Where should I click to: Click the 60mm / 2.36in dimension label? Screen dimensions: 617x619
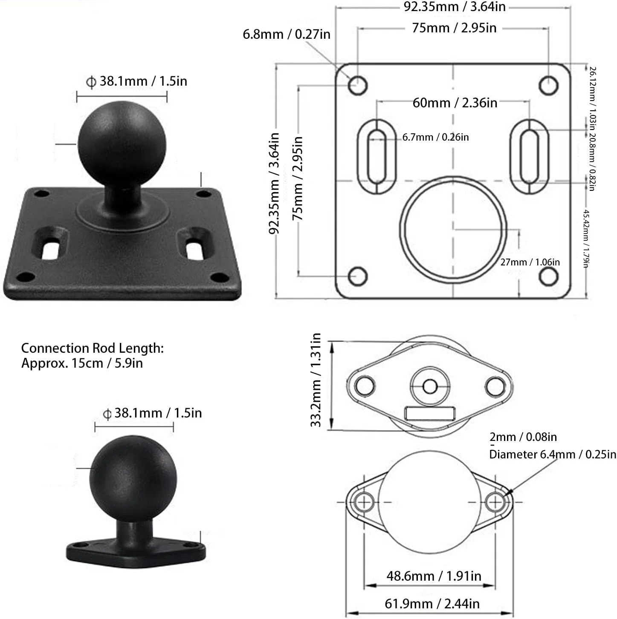coord(455,103)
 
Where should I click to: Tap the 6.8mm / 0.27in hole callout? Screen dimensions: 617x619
coord(287,35)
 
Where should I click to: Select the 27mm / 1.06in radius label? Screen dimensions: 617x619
coord(530,262)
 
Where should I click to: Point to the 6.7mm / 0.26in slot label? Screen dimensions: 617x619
coord(435,137)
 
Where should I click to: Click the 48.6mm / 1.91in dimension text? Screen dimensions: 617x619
coord(434,576)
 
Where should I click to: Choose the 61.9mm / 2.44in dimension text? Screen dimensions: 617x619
coord(432,604)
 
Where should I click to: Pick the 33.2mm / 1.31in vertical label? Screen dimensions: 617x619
coord(316,380)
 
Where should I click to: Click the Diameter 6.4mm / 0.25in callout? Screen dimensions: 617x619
coord(552,455)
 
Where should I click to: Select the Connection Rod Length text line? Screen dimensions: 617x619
coord(93,348)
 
